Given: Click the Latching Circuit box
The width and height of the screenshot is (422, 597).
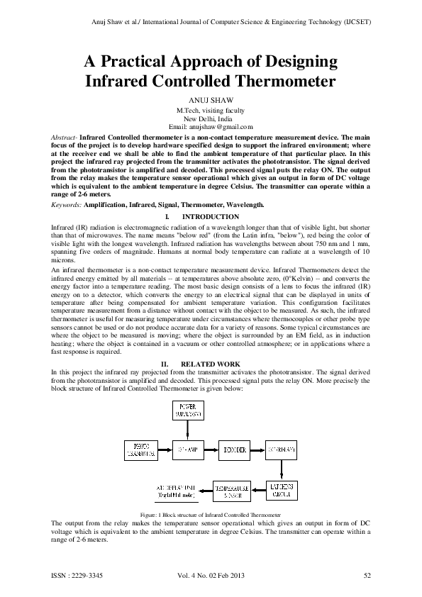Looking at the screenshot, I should [282, 489].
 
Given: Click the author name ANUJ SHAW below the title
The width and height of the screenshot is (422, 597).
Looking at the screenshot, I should [211, 101].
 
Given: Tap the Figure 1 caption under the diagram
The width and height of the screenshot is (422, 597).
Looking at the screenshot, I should [211, 513].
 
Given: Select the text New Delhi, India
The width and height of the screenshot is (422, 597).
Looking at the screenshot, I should [211, 118].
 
